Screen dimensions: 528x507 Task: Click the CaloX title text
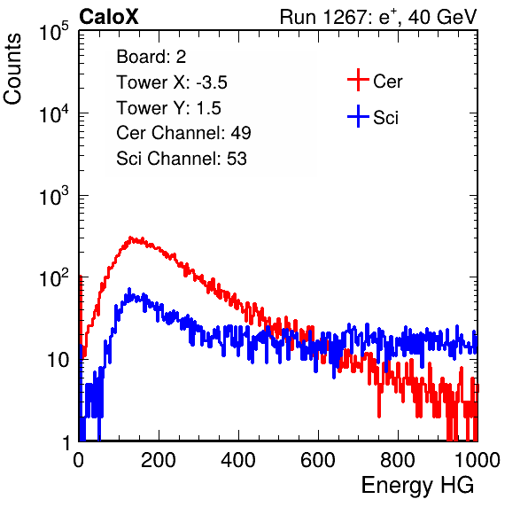pos(109,17)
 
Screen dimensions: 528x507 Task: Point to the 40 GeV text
pos(442,17)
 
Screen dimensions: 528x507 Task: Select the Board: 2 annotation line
pos(151,57)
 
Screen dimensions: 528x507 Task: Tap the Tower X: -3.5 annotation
pos(172,82)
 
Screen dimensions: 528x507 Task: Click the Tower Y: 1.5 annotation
pos(168,108)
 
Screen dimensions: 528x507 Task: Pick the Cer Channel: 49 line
pos(183,133)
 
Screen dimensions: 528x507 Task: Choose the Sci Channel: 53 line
pos(182,159)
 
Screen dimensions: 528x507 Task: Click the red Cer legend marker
pos(358,80)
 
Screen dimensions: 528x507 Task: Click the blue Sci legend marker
pos(358,117)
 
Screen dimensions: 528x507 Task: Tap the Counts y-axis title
pos(12,68)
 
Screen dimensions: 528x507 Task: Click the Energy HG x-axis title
pos(417,486)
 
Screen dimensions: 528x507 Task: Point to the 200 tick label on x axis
pos(159,460)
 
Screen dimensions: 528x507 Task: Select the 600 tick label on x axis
pos(318,460)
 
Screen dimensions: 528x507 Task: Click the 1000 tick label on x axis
pos(478,460)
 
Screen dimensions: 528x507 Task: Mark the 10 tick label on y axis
pos(58,360)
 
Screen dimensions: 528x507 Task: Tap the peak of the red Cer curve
pos(130,238)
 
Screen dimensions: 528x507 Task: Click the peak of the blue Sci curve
pos(129,289)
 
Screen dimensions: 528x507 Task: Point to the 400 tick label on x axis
pos(238,460)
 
